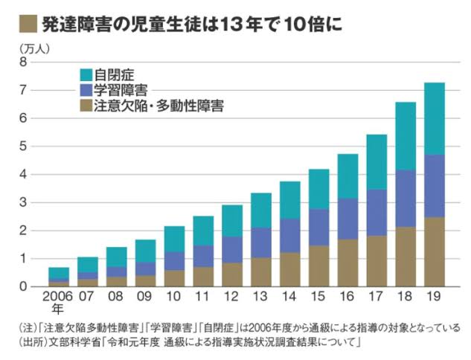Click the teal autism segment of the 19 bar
(434, 118)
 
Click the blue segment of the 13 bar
(260, 242)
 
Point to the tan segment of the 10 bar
(174, 277)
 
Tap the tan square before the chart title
(25, 24)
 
